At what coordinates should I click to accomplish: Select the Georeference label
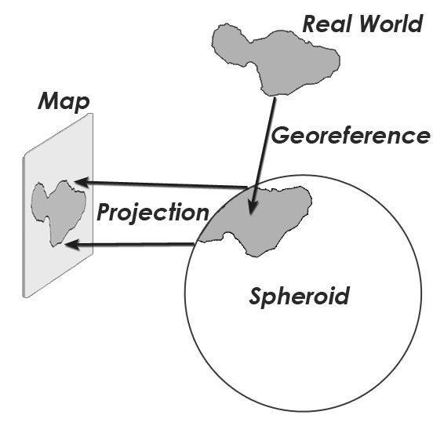[x=351, y=136]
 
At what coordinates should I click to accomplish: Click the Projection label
[x=153, y=213]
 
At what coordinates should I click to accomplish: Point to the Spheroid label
[x=299, y=297]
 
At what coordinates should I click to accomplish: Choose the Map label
[x=64, y=101]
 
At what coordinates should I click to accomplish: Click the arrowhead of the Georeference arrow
[x=253, y=206]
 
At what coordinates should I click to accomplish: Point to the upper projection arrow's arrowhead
[x=82, y=182]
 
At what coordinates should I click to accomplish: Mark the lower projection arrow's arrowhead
[x=72, y=245]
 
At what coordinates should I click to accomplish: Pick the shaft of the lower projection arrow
[x=136, y=244]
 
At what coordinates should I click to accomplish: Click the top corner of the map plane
[x=91, y=114]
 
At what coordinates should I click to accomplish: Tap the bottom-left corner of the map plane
[x=24, y=297]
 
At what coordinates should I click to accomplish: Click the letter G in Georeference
[x=281, y=136]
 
